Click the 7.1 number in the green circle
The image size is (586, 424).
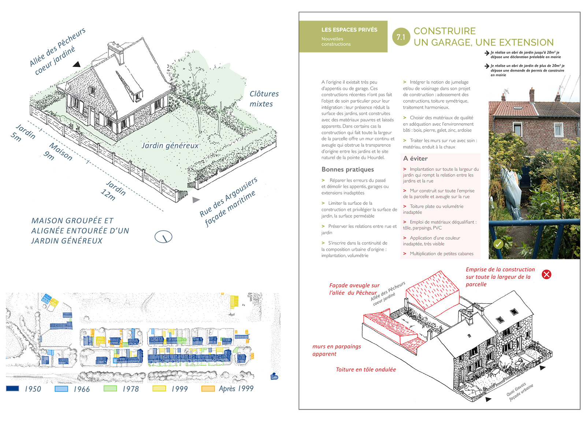pos(401,37)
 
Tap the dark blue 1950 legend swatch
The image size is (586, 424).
pos(12,389)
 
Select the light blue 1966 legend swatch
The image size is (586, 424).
pos(61,389)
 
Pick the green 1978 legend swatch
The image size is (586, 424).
pos(110,389)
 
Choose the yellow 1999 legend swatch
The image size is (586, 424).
pos(159,389)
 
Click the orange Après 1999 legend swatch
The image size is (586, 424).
pos(208,389)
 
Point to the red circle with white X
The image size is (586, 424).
pos(546,274)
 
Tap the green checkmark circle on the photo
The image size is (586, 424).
pos(498,244)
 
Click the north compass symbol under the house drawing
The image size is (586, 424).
pos(163,237)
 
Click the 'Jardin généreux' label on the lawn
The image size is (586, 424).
pos(170,146)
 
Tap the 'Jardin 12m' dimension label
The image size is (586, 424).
pos(114,191)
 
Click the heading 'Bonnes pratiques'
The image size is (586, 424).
pos(348,169)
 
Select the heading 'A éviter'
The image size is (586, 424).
pos(415,158)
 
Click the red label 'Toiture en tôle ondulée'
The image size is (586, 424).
pos(366,369)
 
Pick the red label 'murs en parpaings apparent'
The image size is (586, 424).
pos(336,350)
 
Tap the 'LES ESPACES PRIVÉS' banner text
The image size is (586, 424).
pos(349,30)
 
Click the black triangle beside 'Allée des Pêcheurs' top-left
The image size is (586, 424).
pos(77,64)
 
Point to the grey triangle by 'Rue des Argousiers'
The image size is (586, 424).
pos(196,200)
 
